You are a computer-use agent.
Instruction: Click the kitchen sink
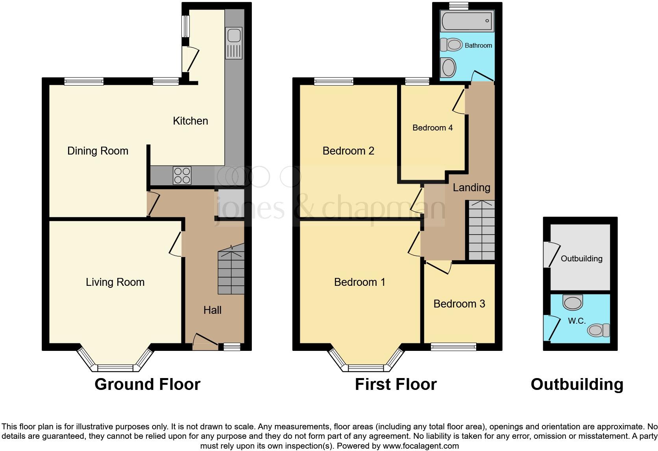(234, 43)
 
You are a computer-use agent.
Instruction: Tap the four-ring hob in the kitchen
(182, 175)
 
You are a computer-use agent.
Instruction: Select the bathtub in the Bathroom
(467, 21)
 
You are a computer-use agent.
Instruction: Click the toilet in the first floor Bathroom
(451, 45)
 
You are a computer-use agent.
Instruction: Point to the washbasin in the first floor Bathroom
(448, 67)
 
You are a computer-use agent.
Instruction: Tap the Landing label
(471, 188)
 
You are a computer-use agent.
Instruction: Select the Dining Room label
(98, 151)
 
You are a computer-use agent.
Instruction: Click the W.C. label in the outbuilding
(577, 321)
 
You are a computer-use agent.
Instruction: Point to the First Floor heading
(396, 384)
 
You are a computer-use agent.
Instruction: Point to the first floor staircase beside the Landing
(481, 231)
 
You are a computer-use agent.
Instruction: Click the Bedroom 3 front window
(453, 347)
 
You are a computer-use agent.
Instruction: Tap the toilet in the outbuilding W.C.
(598, 330)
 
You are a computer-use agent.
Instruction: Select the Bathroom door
(482, 76)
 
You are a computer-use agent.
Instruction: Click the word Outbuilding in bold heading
(577, 384)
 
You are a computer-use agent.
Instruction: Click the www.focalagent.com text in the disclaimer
(421, 446)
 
